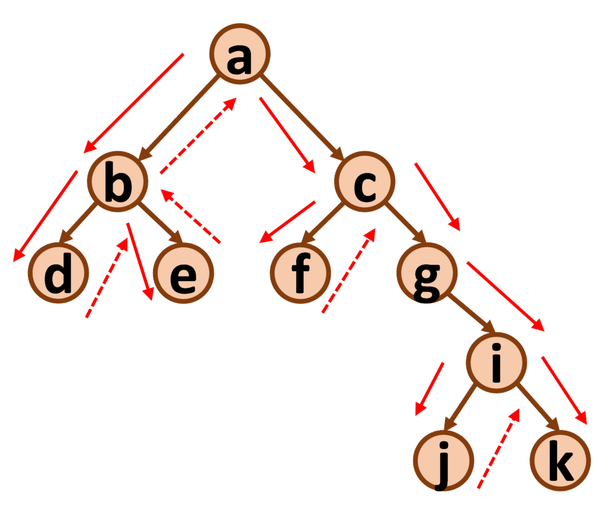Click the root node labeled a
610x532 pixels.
coord(240,54)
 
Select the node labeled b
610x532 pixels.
coord(117,181)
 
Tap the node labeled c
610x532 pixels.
coord(365,181)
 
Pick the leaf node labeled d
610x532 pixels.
coord(58,273)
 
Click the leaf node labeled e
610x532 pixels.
coord(183,273)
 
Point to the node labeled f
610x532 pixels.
coord(300,273)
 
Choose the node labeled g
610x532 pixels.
coord(427,273)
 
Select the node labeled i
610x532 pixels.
coord(496,363)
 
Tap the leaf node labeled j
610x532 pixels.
coord(443,461)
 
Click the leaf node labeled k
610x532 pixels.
coord(560,461)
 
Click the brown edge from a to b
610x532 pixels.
coord(179,117)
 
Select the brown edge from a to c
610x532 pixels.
coord(302,117)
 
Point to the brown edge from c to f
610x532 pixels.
coord(322,223)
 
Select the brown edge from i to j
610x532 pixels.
coord(460,407)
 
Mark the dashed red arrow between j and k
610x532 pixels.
coord(499,449)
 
